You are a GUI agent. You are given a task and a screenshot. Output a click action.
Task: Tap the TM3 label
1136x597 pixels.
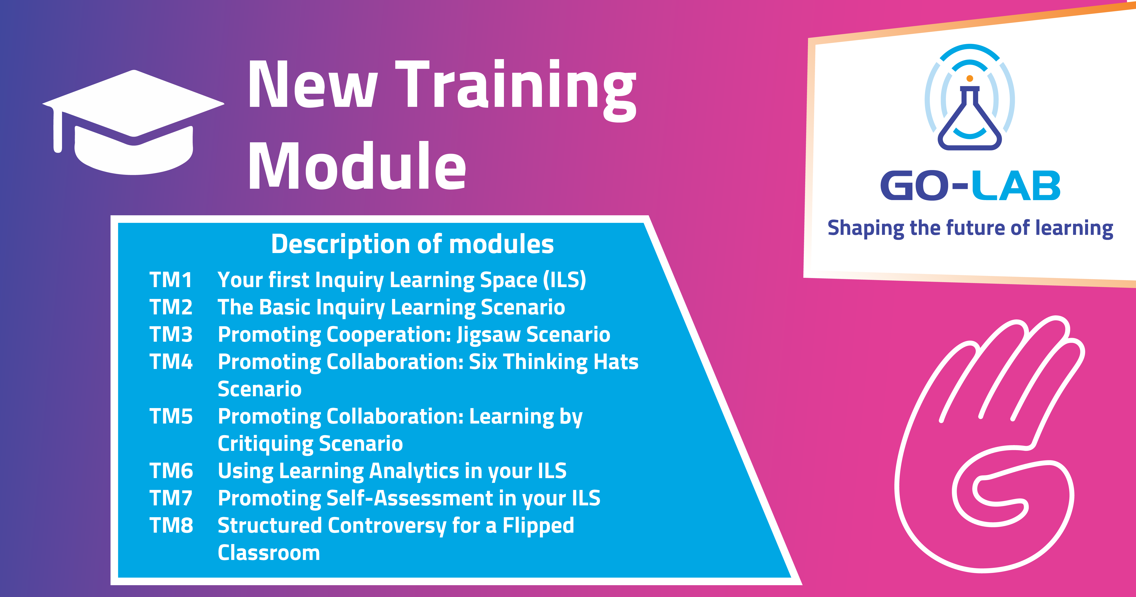tap(171, 334)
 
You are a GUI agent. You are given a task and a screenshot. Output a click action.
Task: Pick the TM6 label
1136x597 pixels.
tap(171, 471)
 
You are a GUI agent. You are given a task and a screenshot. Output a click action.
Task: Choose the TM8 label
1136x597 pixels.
tap(171, 526)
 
